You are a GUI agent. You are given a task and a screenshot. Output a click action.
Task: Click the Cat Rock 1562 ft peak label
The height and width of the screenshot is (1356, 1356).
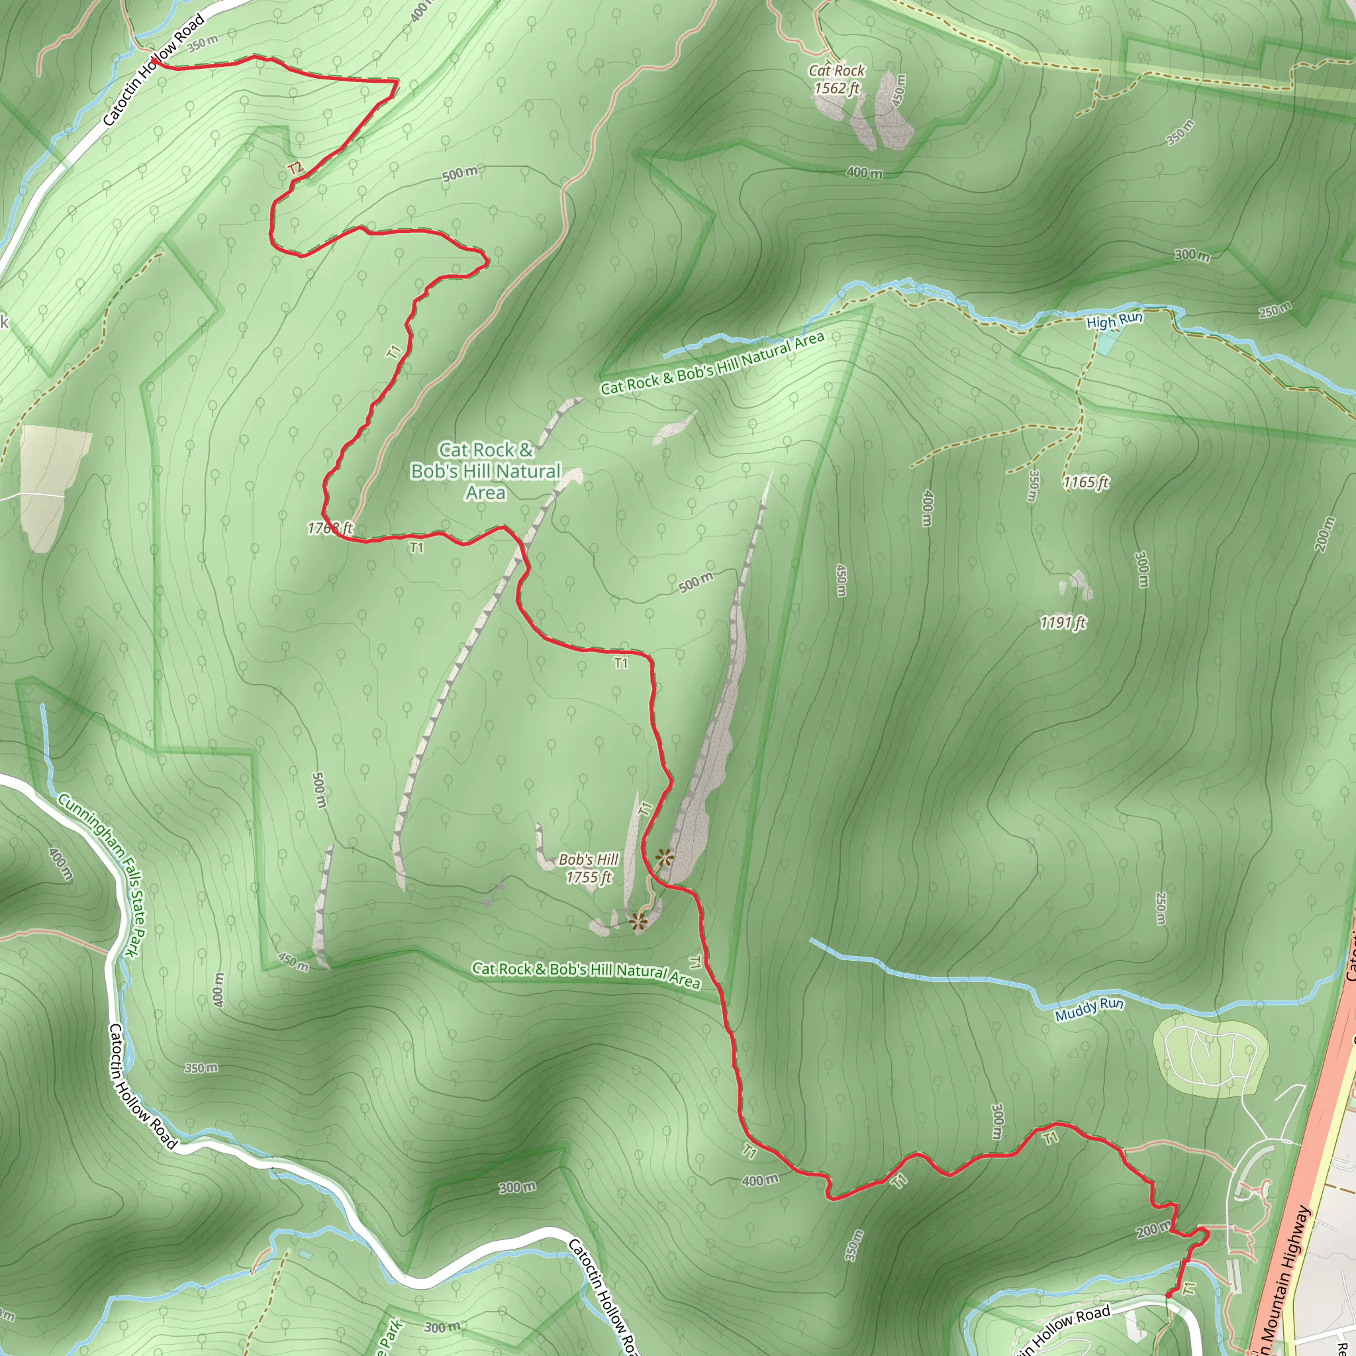pos(837,79)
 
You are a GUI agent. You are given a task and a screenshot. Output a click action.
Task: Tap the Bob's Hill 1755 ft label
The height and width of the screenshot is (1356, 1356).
pos(589,868)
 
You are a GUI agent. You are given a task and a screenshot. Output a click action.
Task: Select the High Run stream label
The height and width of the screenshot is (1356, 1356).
pos(1114,320)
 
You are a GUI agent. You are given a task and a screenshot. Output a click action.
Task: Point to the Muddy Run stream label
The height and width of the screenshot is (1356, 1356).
pos(1089,1008)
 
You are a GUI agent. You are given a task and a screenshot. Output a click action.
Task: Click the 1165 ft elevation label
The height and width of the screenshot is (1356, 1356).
pos(1085,482)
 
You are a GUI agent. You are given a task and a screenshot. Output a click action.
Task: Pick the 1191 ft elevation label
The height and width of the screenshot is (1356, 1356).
pos(1063,622)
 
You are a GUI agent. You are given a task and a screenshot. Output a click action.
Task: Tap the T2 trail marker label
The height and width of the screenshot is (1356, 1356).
pos(295,168)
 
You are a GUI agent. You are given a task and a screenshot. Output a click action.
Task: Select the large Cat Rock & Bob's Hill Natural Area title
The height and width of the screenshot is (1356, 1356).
pos(486,471)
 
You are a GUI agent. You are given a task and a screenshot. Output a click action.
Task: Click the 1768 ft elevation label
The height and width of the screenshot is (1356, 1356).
pos(330,528)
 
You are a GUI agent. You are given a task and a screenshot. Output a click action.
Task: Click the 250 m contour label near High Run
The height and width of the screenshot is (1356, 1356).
pos(1275,309)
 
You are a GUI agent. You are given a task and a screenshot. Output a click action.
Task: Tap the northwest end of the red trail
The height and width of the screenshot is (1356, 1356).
pos(154,63)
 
